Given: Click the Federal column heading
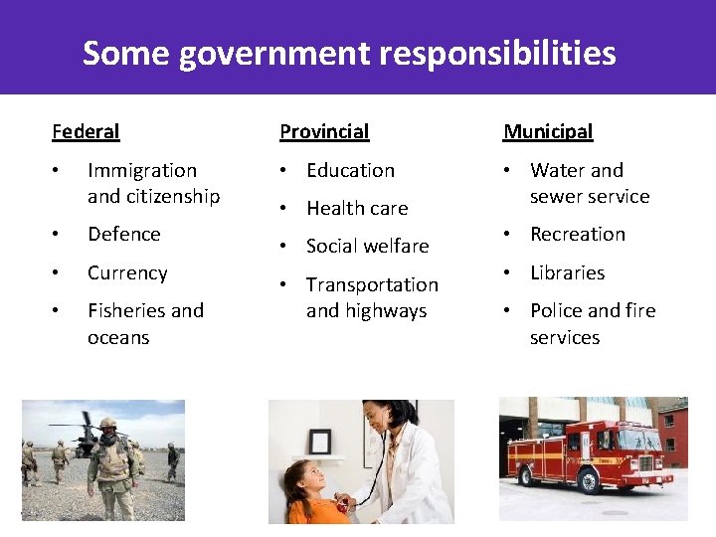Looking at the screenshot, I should [86, 131].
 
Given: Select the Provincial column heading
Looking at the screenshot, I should [323, 131].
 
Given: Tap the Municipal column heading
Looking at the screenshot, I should [547, 131].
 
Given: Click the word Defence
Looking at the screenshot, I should [123, 234].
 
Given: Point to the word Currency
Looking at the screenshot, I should [127, 272].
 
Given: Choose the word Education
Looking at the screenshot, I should [350, 170].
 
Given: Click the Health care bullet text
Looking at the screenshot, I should [357, 208].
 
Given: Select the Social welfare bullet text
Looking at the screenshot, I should [367, 246].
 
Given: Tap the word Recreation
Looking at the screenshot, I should [577, 234].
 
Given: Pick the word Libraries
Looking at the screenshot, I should [567, 272].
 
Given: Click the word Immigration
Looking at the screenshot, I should [142, 170].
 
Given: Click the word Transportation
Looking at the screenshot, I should [372, 284].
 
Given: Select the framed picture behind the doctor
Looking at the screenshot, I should [319, 442].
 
